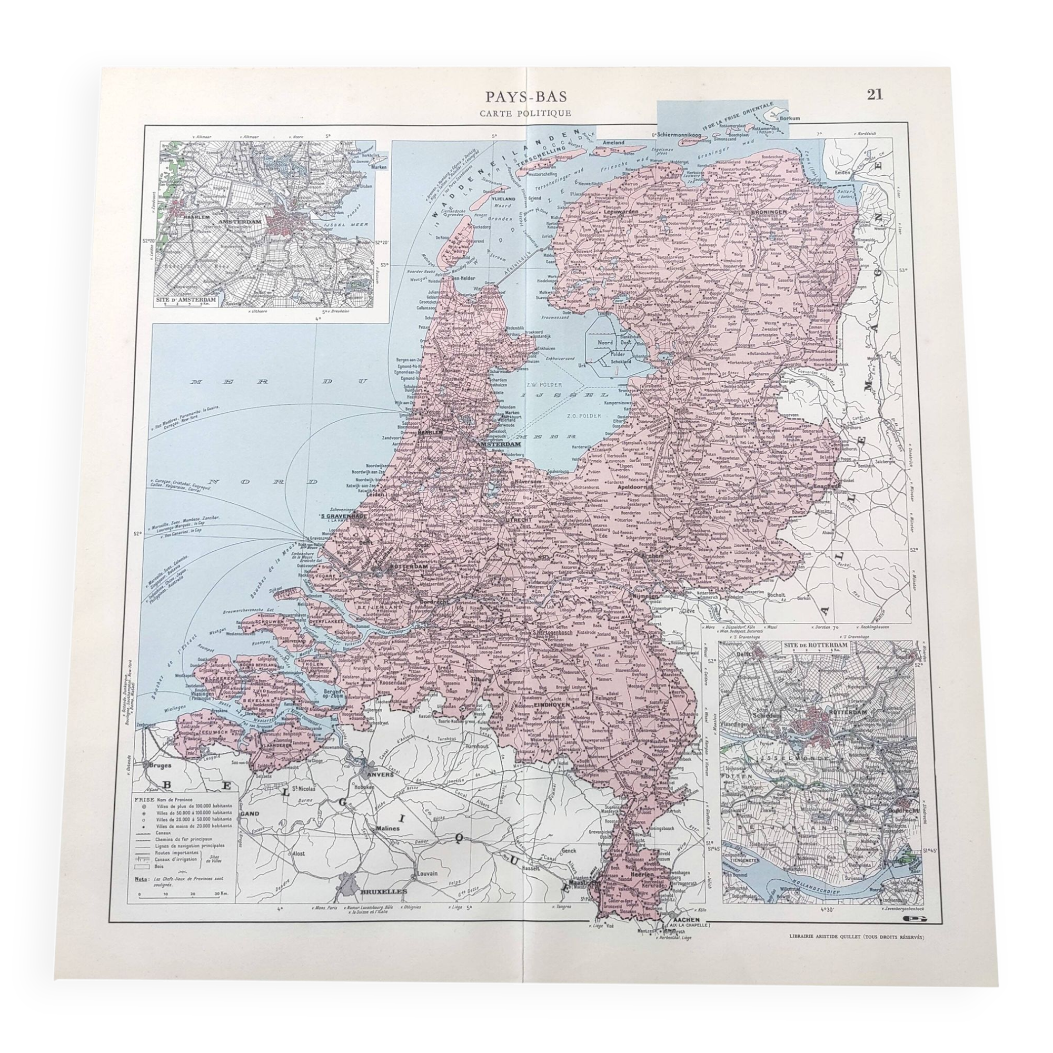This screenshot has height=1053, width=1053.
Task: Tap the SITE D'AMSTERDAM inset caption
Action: tap(186, 300)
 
